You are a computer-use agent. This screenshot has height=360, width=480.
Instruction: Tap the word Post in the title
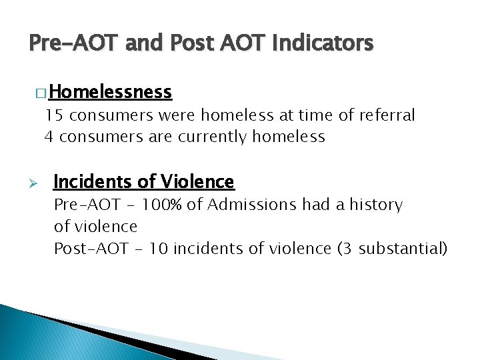click(190, 43)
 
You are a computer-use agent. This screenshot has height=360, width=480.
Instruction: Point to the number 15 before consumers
click(53, 115)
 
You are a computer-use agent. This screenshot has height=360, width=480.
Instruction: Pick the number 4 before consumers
click(48, 137)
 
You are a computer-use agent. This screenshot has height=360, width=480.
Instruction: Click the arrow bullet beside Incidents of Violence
click(38, 183)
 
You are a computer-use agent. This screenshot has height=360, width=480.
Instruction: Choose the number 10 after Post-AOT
click(159, 249)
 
